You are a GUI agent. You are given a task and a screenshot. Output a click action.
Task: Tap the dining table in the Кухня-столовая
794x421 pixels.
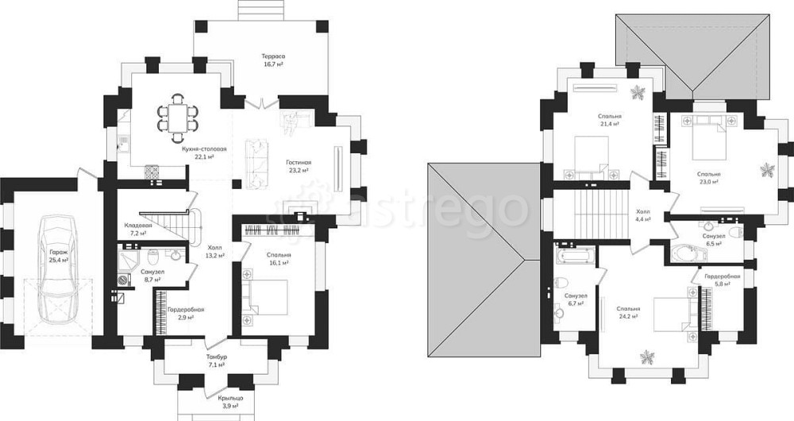coord(177,117)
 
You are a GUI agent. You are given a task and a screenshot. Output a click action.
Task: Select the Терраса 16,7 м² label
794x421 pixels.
coord(272,60)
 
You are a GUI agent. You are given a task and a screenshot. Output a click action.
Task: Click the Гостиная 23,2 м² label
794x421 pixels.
coord(299,166)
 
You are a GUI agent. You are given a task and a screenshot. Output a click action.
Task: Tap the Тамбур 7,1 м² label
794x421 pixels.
coord(216,360)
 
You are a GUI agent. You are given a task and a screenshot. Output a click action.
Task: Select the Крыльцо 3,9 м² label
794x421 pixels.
coord(230,402)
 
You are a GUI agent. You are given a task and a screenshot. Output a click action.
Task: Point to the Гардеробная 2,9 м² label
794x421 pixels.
coord(186,313)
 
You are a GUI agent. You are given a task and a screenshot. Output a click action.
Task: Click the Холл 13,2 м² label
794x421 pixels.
coord(214,251)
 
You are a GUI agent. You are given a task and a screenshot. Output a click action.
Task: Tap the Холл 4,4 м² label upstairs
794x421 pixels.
coord(643,215)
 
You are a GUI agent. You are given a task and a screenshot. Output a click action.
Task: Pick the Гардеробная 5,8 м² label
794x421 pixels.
coord(723,280)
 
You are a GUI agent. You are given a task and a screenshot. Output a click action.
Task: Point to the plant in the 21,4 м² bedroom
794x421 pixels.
coord(637,92)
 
